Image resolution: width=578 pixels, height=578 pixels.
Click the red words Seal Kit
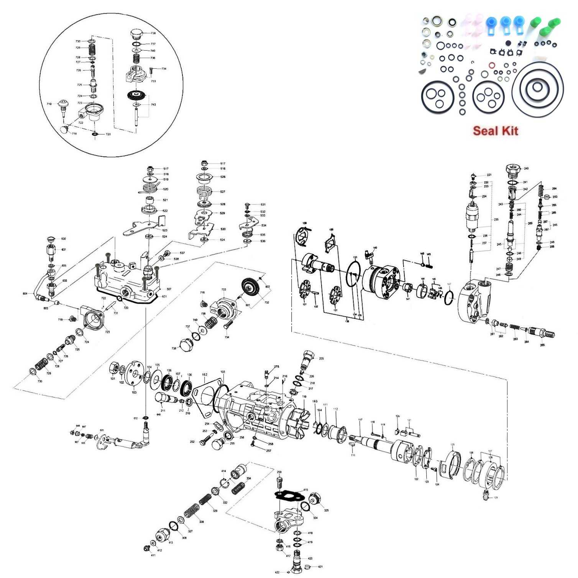click(x=495, y=131)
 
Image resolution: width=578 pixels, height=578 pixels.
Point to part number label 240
click(x=526, y=169)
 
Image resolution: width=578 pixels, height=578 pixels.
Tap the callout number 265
click(x=542, y=345)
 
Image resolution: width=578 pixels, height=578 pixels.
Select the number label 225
click(x=321, y=359)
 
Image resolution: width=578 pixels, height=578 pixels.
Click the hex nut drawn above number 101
click(x=114, y=368)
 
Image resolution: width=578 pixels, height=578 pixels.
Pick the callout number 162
click(x=205, y=374)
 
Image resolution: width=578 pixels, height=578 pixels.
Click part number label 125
click(x=452, y=445)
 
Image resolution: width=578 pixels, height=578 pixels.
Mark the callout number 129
click(x=496, y=498)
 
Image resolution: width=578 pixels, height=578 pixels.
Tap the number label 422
click(x=278, y=572)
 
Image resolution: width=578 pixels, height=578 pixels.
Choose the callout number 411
click(x=153, y=555)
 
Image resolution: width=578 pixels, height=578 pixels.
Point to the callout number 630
click(x=64, y=239)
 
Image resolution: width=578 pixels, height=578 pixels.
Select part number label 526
click(x=223, y=177)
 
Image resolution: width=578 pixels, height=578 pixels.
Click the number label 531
click(x=263, y=205)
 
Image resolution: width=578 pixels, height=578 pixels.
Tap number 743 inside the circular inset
click(x=153, y=105)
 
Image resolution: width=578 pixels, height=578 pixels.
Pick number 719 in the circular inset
click(x=49, y=104)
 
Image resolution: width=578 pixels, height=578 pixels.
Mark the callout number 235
click(x=496, y=220)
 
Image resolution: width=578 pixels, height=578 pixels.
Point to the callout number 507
click(x=169, y=289)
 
